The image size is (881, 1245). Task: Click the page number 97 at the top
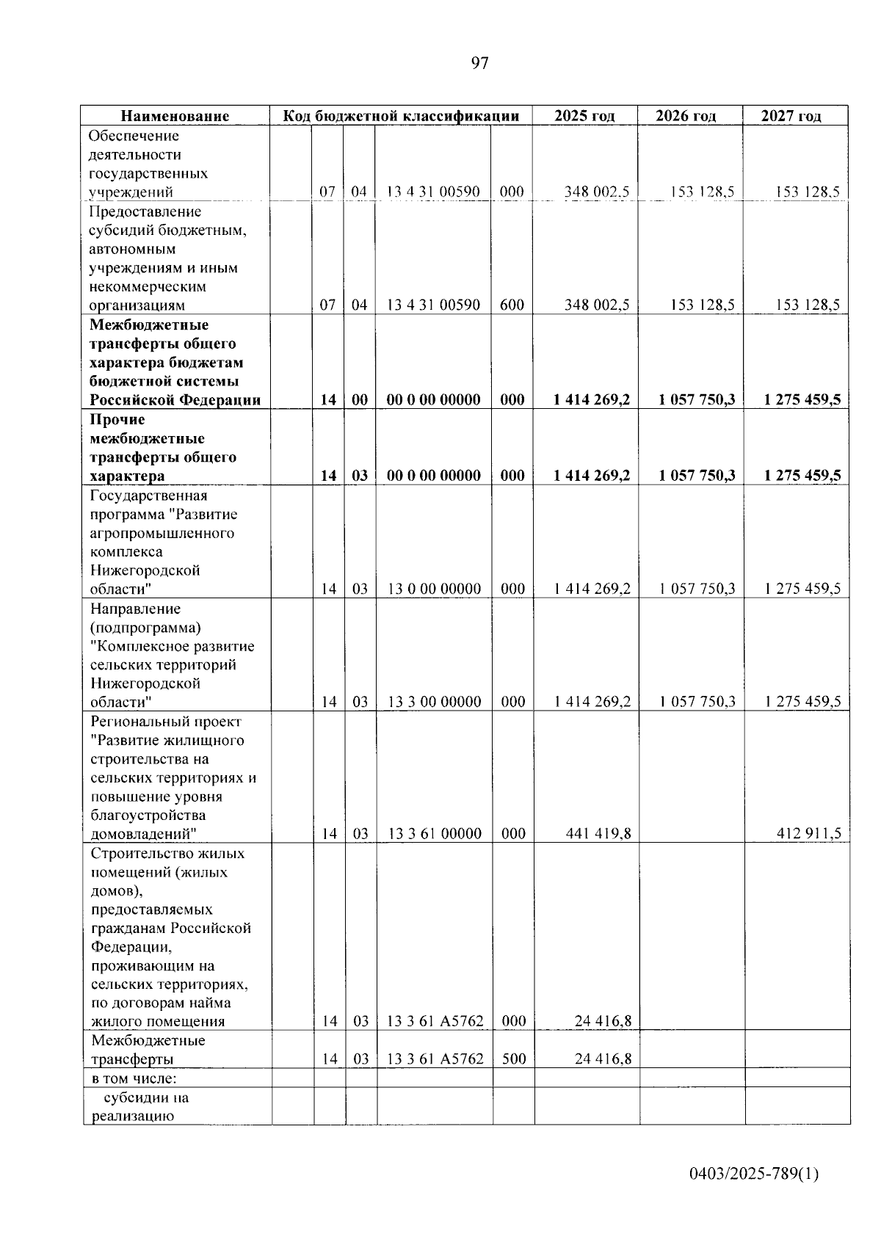479,63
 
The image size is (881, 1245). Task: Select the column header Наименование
175,116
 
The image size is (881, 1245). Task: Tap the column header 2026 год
686,116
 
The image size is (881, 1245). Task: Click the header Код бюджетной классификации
402,116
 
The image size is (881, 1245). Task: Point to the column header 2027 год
791,116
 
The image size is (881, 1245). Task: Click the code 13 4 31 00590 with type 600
433,305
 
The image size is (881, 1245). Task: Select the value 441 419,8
598,833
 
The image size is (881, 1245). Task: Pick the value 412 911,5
809,833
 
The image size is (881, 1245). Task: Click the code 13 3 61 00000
435,833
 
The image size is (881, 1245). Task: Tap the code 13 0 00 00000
435,589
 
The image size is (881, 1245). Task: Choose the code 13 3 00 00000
435,702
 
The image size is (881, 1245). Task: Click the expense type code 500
513,1059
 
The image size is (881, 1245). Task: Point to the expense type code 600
512,305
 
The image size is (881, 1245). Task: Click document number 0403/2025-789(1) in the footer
753,1174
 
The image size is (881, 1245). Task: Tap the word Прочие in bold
117,420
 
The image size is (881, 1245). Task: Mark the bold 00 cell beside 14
359,400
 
